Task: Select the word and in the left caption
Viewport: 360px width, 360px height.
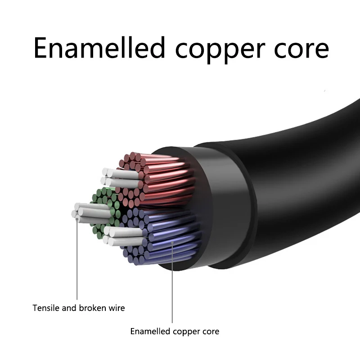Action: [x=69, y=308]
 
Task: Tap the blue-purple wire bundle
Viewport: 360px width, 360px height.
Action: [x=166, y=236]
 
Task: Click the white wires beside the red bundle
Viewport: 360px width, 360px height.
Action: [x=119, y=178]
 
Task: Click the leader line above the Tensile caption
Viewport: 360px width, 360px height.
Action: [x=77, y=261]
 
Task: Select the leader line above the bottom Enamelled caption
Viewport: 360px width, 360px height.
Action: [x=172, y=283]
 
